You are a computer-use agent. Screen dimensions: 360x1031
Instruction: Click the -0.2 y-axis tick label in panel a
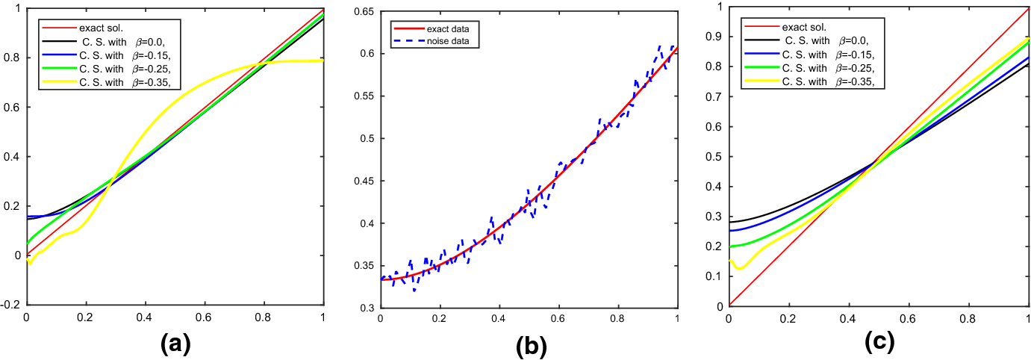[x=12, y=305]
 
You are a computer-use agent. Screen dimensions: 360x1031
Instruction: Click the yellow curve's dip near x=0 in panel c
[x=740, y=267]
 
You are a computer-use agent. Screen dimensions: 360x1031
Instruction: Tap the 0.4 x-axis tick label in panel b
[x=499, y=319]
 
